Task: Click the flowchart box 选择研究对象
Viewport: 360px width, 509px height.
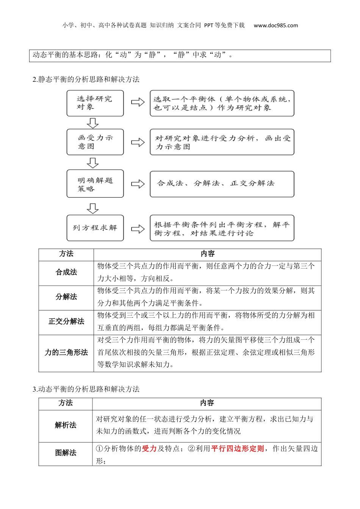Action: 95,103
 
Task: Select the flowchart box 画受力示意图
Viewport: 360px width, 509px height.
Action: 95,142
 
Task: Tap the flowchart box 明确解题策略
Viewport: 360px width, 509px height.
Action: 95,184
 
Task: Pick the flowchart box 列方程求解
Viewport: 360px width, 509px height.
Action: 95,228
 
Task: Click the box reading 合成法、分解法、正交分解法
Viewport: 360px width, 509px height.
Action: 222,184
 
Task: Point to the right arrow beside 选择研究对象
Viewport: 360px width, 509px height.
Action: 138,102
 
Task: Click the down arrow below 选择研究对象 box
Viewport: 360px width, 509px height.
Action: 92,123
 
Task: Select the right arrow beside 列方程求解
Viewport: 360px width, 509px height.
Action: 138,229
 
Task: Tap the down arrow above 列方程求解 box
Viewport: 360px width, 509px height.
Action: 92,208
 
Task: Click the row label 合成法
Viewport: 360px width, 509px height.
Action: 66,272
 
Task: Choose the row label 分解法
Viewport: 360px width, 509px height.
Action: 66,297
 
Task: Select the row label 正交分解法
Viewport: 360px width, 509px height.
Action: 66,322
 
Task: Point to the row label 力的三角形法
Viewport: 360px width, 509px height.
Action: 66,353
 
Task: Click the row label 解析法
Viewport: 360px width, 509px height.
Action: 66,425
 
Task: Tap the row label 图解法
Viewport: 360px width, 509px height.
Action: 66,453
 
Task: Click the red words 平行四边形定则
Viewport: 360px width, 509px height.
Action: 238,449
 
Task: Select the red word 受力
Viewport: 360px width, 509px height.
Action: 149,449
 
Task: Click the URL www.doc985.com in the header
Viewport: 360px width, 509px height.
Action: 275,26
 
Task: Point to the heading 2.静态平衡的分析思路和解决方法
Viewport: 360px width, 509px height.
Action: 86,80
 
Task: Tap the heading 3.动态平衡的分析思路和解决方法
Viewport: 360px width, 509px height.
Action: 86,389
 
